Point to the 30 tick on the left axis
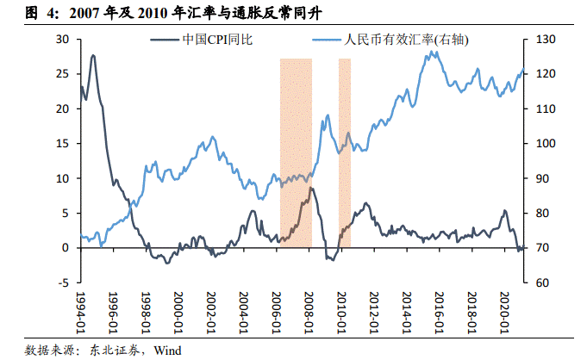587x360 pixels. [62, 40]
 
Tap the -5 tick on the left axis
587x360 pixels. [62, 282]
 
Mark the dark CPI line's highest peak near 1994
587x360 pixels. [92, 56]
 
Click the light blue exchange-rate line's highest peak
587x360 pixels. [431, 53]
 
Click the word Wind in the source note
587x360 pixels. [167, 350]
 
